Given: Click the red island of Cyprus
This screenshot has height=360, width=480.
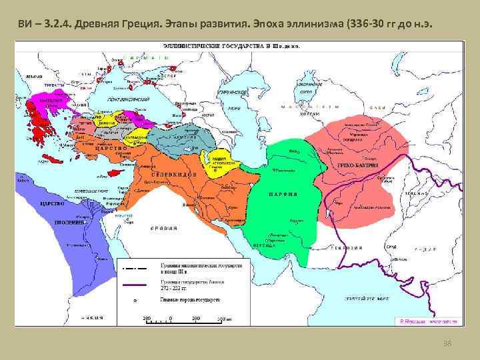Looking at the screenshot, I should pos(119,171).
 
